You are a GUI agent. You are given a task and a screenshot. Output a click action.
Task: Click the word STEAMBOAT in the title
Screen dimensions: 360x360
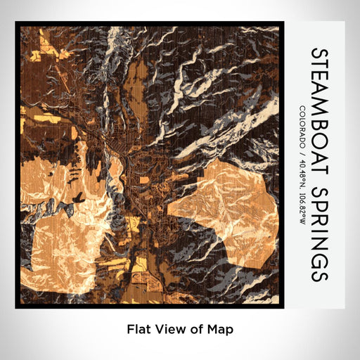318,108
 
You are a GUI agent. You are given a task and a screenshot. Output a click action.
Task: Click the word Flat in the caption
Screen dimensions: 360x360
139,328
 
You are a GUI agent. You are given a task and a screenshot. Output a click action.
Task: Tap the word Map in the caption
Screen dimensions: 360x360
219,328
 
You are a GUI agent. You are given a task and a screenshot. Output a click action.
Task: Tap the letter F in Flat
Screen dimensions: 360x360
130,328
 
